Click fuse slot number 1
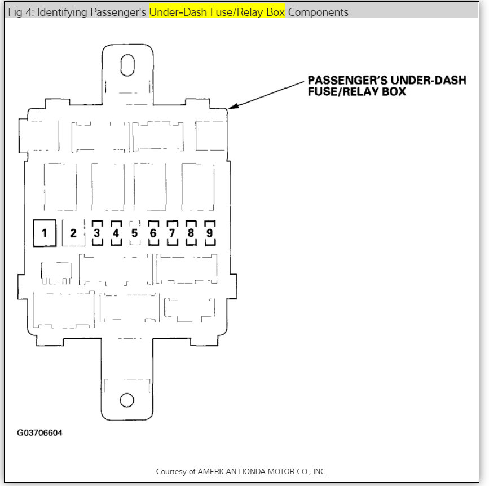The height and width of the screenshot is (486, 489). [45, 233]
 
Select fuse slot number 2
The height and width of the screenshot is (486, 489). [73, 233]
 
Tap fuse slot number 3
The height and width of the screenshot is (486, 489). [97, 233]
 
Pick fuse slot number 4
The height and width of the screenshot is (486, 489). [116, 233]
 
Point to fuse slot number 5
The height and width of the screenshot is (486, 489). [134, 233]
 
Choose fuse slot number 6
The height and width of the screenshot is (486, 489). [153, 233]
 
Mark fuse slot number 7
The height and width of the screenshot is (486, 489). [172, 233]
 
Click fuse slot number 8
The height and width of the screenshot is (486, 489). [191, 233]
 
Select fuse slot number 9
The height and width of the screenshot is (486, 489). [209, 233]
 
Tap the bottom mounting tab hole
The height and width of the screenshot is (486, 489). [127, 400]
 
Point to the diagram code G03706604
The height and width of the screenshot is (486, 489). [39, 434]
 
